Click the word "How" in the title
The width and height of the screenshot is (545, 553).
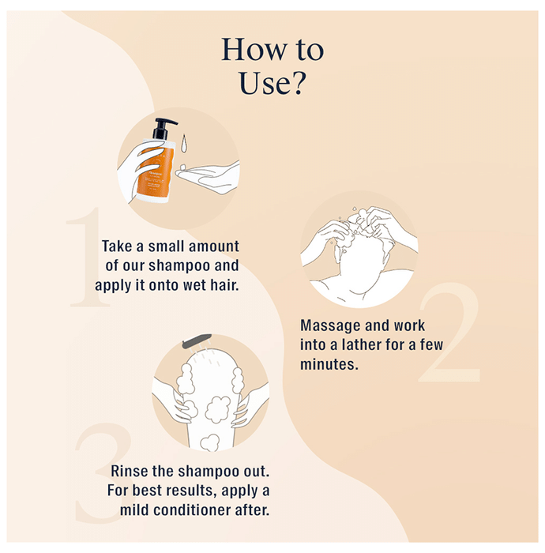[254, 49]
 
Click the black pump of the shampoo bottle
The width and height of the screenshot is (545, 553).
[163, 128]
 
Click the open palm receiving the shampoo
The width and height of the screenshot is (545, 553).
[208, 175]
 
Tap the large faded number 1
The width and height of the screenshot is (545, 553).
[87, 257]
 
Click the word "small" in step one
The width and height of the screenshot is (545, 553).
[167, 246]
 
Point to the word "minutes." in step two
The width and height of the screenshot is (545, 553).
[329, 364]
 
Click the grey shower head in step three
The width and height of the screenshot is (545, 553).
[197, 340]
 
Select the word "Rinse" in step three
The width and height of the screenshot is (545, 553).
[129, 471]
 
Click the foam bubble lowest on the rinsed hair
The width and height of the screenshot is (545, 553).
[209, 442]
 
